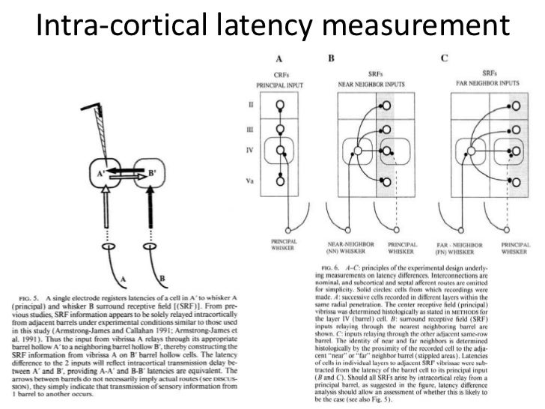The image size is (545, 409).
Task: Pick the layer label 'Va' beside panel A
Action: click(251, 181)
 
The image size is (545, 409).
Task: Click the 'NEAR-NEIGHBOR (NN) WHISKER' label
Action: click(348, 248)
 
